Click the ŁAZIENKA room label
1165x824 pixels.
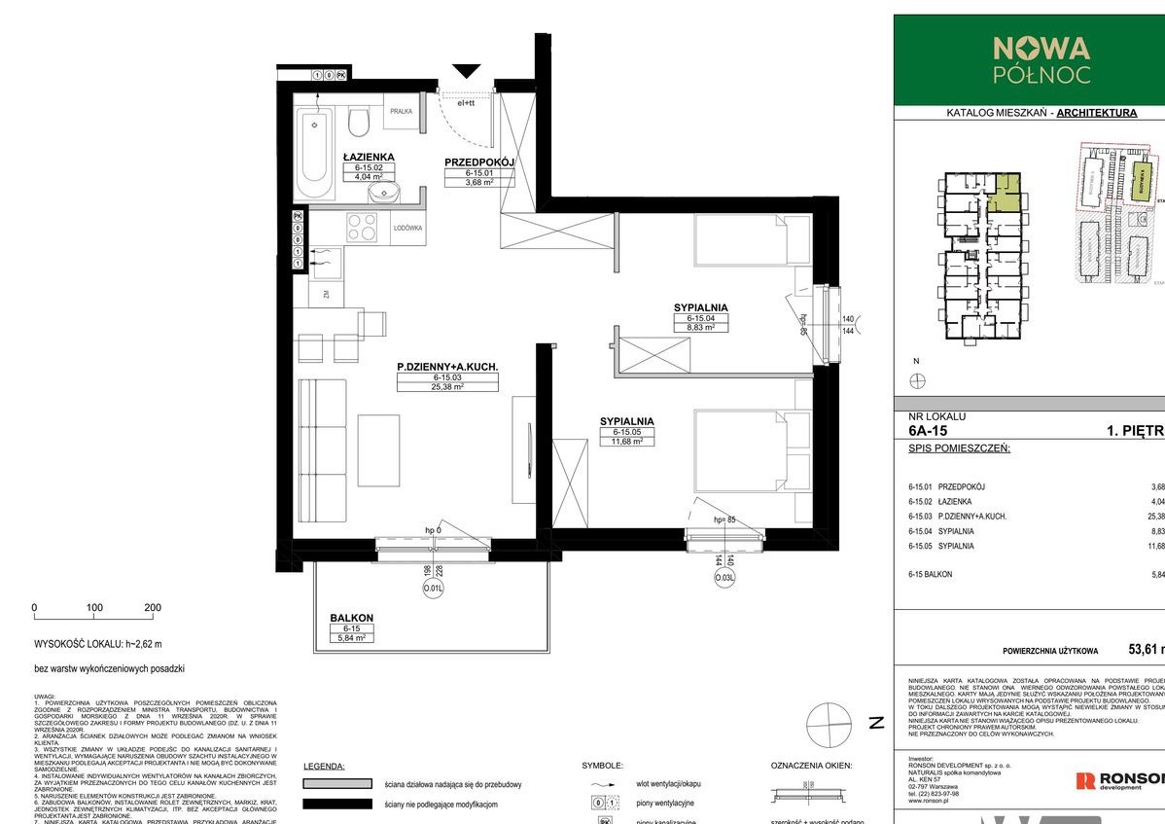(368, 156)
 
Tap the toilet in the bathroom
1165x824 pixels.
(358, 123)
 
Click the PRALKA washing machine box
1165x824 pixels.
(401, 113)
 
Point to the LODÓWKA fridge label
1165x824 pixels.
(406, 228)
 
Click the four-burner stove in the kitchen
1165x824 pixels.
(363, 227)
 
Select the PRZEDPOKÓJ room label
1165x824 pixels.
(478, 162)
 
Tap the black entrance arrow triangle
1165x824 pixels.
(468, 70)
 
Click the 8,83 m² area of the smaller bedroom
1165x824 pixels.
(701, 328)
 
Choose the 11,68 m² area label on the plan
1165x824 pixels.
(627, 441)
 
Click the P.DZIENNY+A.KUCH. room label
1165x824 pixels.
(447, 367)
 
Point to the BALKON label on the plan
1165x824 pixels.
(351, 618)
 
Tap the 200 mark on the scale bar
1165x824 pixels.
(153, 607)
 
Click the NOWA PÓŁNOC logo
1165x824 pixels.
(1041, 58)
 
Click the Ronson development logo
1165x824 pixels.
(1118, 780)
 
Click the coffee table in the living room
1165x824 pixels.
(378, 450)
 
